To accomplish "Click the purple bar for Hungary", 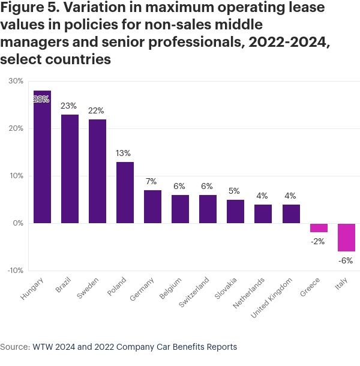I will click(x=42, y=157).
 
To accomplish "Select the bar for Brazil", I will click(x=70, y=169).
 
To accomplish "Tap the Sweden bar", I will click(x=97, y=171).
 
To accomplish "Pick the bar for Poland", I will click(x=125, y=193).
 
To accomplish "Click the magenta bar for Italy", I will click(x=346, y=237).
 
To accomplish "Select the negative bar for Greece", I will click(x=319, y=228).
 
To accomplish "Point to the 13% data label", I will click(x=125, y=153).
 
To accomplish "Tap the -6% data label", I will click(x=346, y=260).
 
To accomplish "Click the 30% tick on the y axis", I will click(x=15, y=81).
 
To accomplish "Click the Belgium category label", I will click(x=170, y=287).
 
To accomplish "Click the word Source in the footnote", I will click(x=14, y=347).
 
